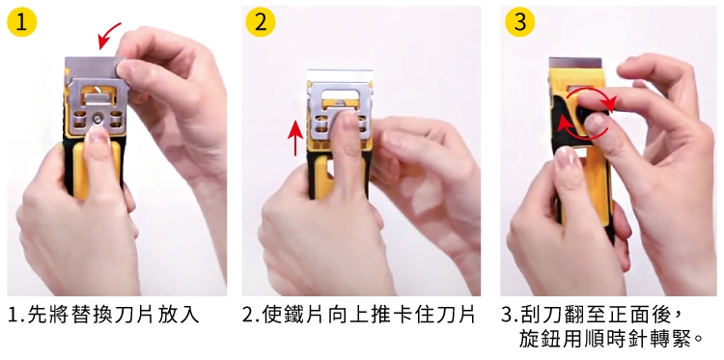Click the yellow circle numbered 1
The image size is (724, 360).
click(21, 22)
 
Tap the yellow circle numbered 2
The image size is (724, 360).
click(261, 22)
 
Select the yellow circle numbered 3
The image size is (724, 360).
click(520, 22)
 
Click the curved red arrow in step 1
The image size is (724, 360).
click(109, 35)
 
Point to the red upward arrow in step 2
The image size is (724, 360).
click(295, 137)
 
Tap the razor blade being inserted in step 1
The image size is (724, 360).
click(95, 69)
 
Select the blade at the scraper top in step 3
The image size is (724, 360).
click(575, 64)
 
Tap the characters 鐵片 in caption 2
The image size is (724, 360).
click(294, 315)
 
